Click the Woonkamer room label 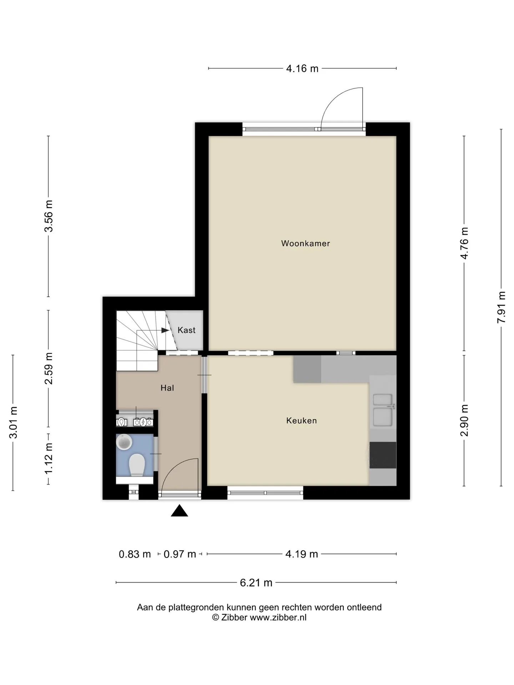(306, 243)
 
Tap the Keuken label (302, 421)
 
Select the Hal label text (167, 388)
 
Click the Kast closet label (187, 330)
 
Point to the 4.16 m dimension (302, 68)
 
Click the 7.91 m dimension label (502, 307)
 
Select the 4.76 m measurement (464, 243)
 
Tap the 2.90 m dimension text (464, 421)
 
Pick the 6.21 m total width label (256, 583)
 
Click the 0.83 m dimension (135, 554)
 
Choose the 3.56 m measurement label (49, 216)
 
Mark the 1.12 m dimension (49, 459)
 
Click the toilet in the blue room (137, 465)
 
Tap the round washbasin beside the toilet (124, 442)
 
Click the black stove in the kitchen (383, 455)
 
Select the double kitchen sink (383, 411)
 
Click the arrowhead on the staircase (165, 330)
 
